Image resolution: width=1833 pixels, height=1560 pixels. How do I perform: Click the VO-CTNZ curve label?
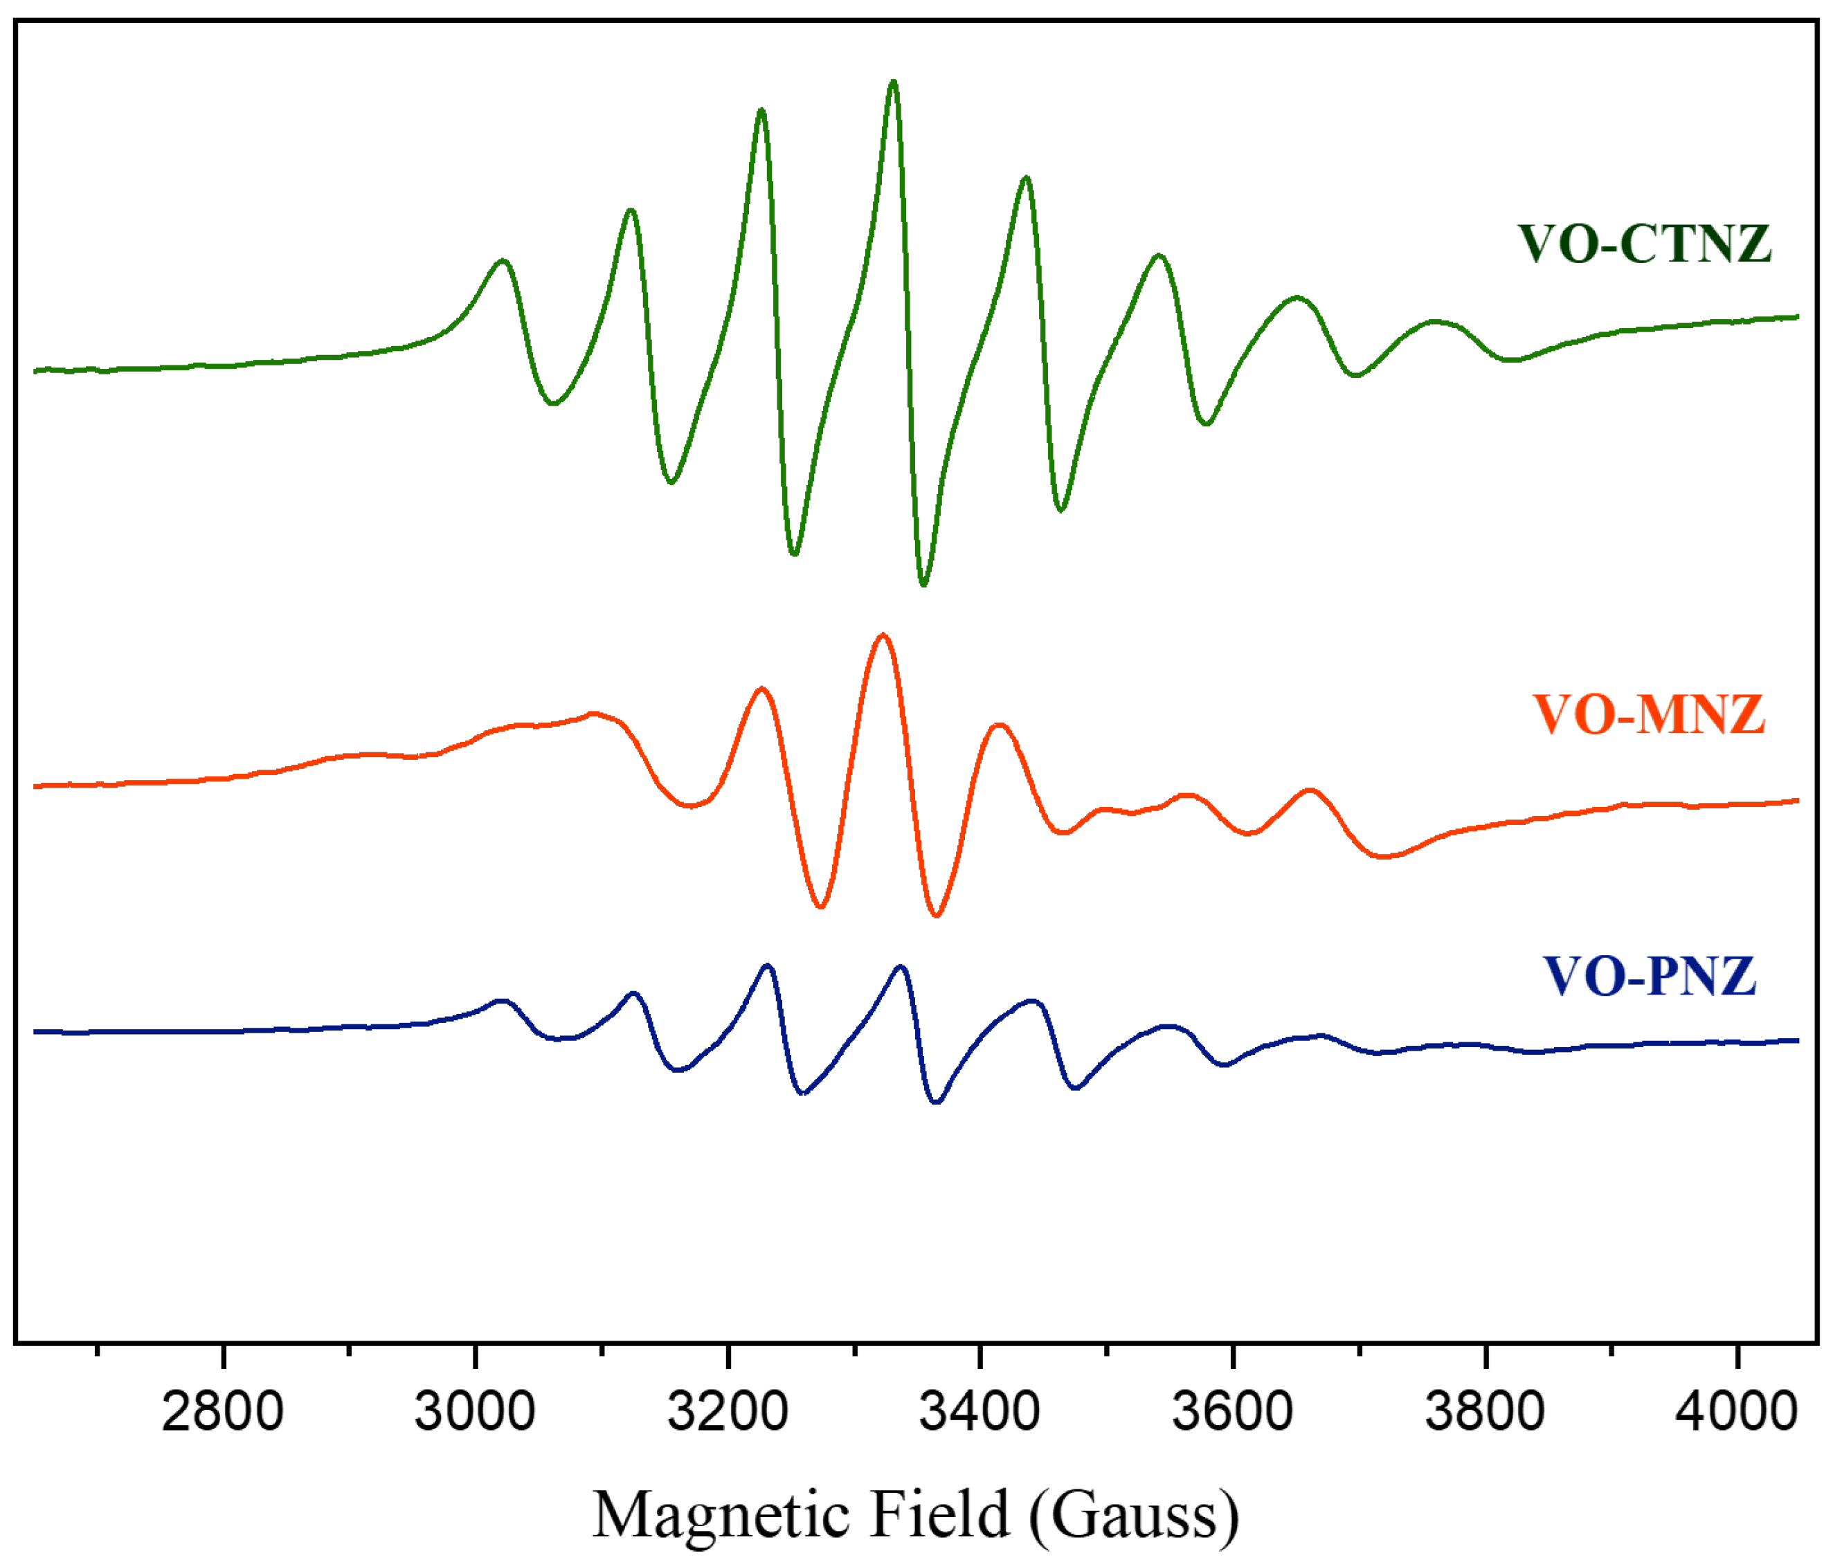pos(1645,244)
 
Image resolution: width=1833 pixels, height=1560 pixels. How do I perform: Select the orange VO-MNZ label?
pos(1649,714)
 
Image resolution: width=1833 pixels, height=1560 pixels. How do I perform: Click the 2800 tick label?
pos(222,1411)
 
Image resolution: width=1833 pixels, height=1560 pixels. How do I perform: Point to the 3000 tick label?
pos(474,1411)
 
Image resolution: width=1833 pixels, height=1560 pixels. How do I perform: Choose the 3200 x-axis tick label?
pos(728,1411)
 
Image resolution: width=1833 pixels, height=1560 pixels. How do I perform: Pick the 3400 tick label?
pos(979,1411)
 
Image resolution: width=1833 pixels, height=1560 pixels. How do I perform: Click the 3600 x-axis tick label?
pos(1231,1411)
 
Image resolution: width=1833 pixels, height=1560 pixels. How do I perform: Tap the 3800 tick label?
pos(1484,1411)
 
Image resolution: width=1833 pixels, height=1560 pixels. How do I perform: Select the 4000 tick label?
pos(1737,1411)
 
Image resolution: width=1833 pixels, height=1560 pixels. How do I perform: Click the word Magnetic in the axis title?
pos(721,1516)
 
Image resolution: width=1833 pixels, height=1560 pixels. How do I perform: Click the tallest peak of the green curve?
pos(892,82)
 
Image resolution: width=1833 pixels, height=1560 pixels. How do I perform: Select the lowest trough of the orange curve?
pos(936,914)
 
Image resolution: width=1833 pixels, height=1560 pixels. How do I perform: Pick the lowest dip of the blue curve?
pos(937,1103)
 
